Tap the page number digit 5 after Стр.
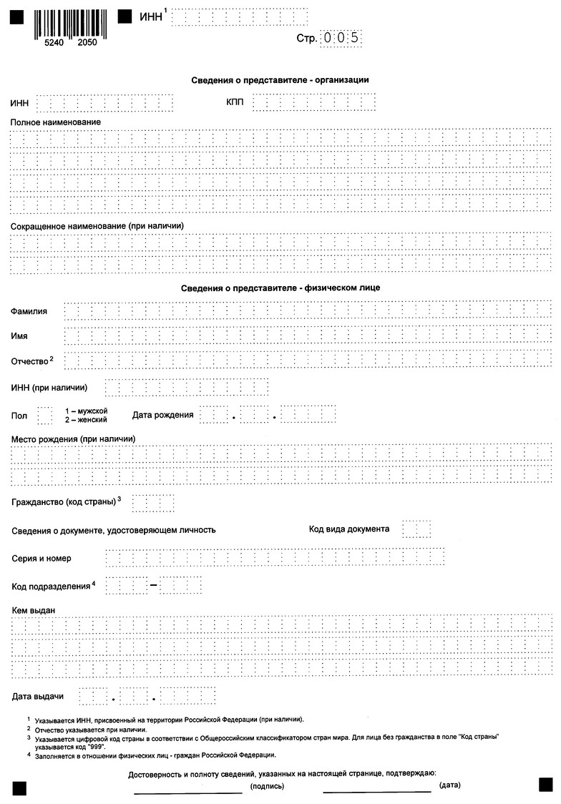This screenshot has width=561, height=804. point(353,38)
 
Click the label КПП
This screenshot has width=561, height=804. point(235,103)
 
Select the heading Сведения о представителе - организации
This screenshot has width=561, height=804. point(280,79)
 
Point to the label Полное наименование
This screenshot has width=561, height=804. point(55,122)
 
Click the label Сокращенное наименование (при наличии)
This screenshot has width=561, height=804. point(97,226)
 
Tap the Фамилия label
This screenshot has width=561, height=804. point(29,312)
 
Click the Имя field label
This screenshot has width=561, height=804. point(19,335)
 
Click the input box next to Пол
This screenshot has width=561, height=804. point(44,416)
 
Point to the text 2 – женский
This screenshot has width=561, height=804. point(86,420)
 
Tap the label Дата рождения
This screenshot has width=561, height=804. point(162,415)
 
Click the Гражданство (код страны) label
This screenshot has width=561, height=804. point(64,501)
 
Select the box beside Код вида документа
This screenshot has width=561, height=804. point(416,529)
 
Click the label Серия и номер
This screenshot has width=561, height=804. point(42,558)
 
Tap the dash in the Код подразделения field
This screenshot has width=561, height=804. point(154,586)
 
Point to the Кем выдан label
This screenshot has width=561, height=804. point(34,609)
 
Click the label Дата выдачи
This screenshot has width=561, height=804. point(38,696)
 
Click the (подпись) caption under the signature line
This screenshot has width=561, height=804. point(268,786)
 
